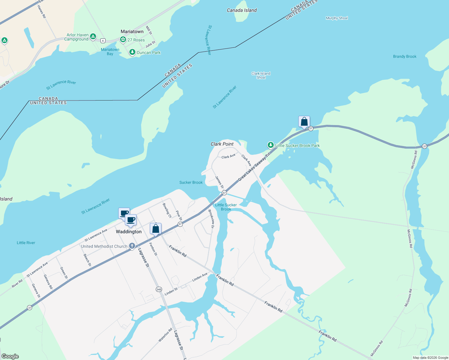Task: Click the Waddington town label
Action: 128,232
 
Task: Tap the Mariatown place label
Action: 132,31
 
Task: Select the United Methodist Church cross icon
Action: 132,246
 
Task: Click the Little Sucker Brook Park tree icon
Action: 271,145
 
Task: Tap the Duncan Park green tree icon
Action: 132,52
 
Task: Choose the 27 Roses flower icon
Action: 123,40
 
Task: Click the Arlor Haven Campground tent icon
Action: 93,37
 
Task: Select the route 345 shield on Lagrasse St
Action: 159,289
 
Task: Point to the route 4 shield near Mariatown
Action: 103,40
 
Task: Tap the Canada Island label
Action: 242,10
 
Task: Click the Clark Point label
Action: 222,144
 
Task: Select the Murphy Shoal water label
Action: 337,18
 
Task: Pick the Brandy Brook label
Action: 405,56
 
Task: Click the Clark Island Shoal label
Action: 261,75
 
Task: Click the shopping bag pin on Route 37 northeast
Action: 304,122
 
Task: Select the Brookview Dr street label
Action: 211,219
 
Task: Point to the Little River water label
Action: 26,243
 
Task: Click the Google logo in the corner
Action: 10,356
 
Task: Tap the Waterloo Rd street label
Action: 165,335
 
